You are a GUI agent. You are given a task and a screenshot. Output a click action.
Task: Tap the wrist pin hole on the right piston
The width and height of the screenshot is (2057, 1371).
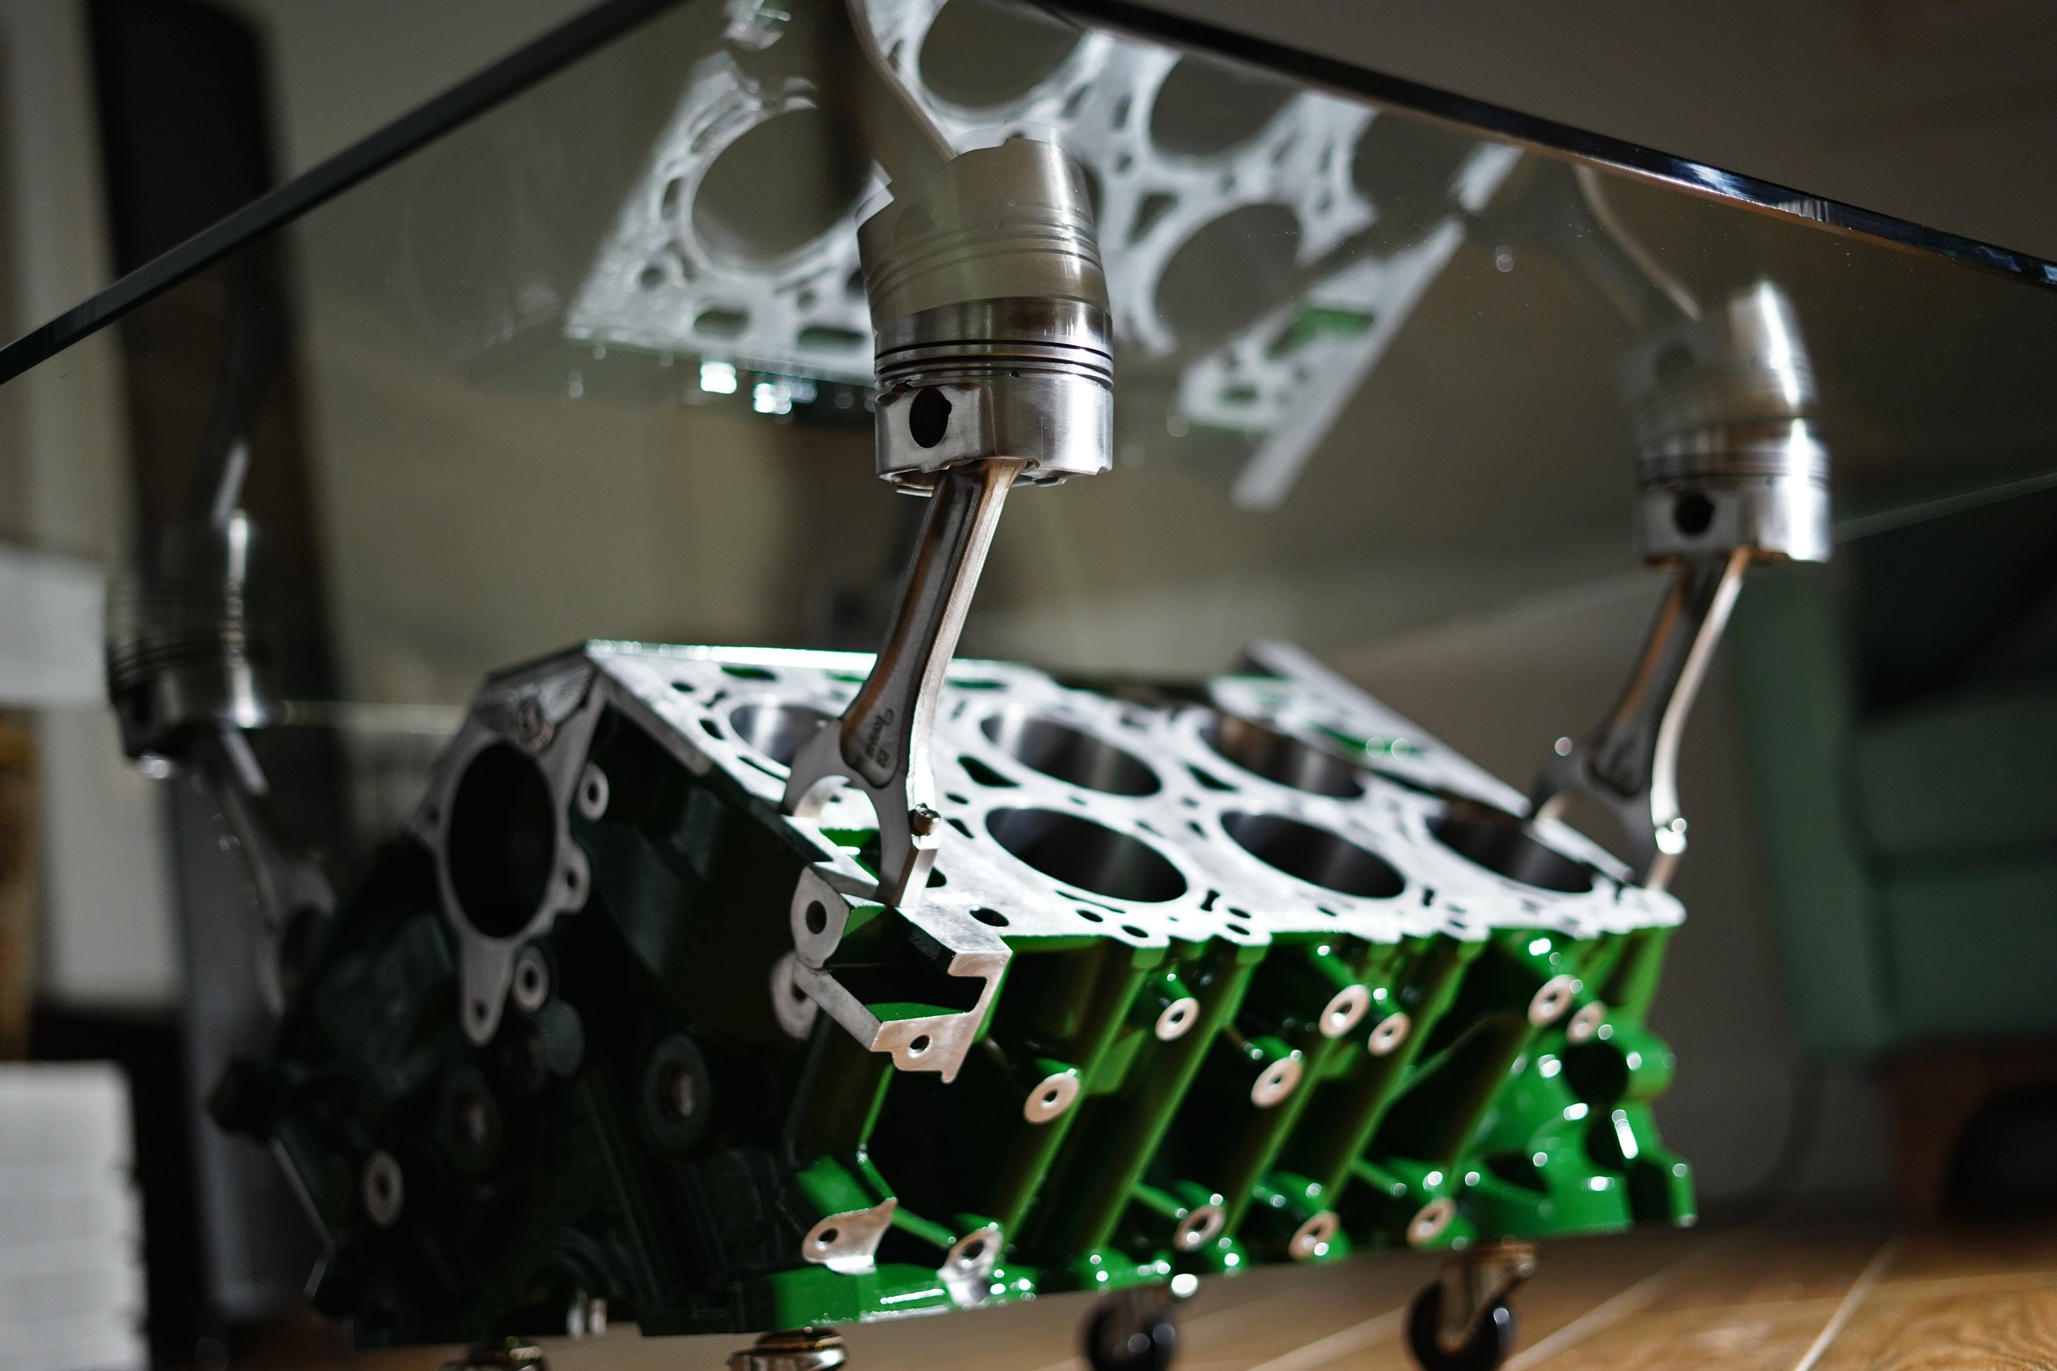click(x=1693, y=514)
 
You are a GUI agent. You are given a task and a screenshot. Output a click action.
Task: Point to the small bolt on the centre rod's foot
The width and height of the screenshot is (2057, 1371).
click(x=924, y=819)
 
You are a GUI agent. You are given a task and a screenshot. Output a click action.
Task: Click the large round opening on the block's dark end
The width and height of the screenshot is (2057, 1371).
click(x=501, y=839)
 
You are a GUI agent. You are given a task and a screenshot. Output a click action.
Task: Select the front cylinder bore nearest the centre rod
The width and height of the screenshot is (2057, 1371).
click(x=1085, y=853)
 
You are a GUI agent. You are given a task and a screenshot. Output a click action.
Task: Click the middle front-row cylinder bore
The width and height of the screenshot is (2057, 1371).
click(x=1311, y=853)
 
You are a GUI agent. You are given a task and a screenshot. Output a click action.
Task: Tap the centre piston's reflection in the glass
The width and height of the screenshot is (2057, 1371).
click(x=980, y=219)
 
